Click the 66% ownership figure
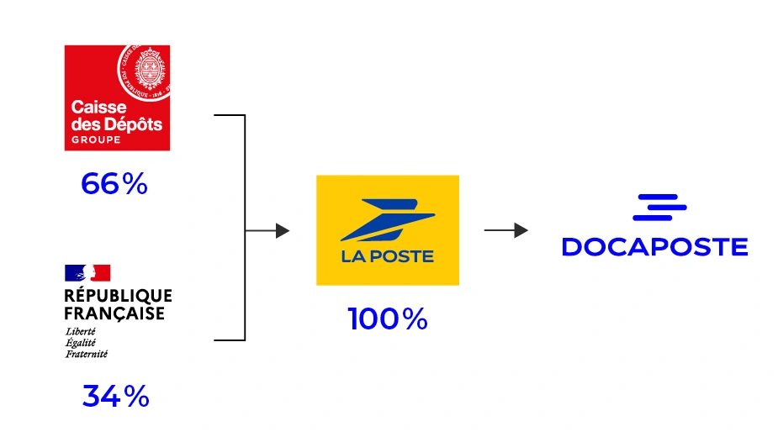click(114, 184)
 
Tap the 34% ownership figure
click(115, 395)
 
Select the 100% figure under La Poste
click(388, 319)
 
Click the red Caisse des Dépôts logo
click(117, 97)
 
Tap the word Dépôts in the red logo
click(133, 124)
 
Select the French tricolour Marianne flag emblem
click(87, 272)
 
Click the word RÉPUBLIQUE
click(118, 296)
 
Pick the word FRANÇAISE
click(114, 313)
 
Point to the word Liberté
click(80, 331)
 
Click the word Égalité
click(81, 342)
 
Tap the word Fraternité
click(87, 353)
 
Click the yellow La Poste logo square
click(388, 230)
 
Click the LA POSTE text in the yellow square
click(388, 256)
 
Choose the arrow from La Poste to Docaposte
click(506, 230)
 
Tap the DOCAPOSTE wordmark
click(654, 246)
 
